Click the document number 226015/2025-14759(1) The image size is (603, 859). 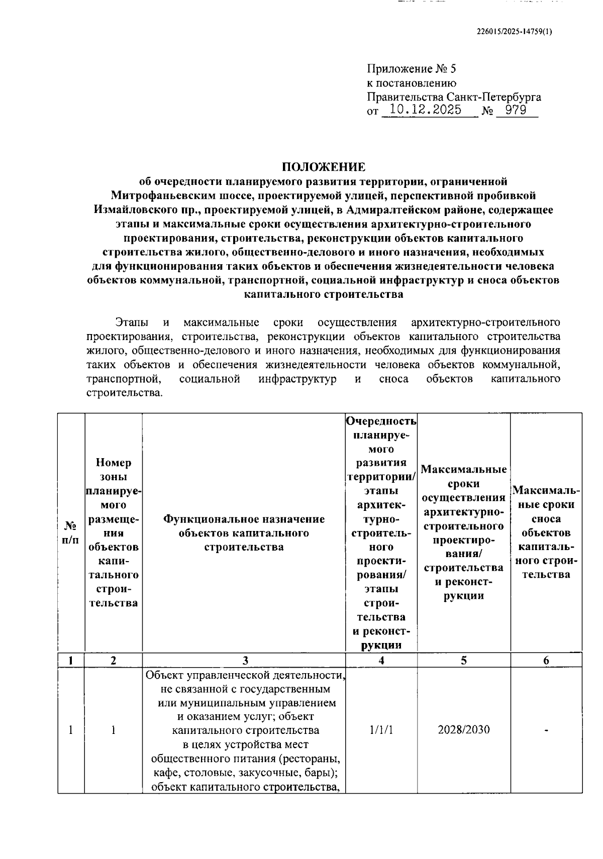coord(514,31)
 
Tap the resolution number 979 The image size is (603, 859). coord(516,110)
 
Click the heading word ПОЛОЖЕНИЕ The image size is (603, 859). coord(323,167)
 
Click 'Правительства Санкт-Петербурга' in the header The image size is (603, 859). coord(454,97)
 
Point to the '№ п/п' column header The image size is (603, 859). coord(71,532)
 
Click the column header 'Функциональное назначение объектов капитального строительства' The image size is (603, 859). coord(244,532)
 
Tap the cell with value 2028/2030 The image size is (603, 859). coord(463,729)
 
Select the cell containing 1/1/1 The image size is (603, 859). coord(381,729)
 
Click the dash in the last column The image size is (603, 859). coord(546,730)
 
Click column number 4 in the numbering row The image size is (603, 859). coord(381,661)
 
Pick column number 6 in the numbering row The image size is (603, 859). coord(546,661)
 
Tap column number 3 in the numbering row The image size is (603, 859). coord(245,661)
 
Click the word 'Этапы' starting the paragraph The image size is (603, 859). coord(129,322)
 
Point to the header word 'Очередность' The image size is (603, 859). coord(381,420)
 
